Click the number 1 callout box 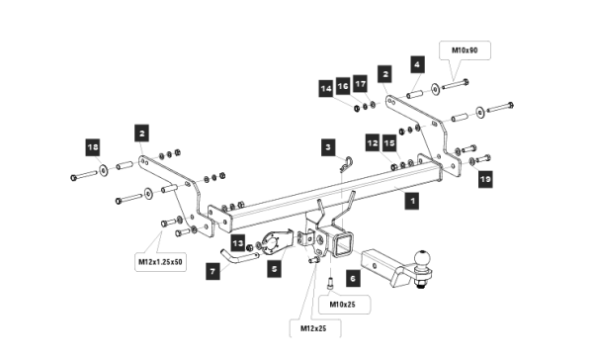tap(412, 201)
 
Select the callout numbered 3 tap(328, 147)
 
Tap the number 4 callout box tap(417, 64)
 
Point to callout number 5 tap(274, 269)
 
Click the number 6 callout tap(353, 279)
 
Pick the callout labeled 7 tap(212, 271)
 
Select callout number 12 tap(373, 142)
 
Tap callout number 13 tap(238, 242)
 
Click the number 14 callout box tap(326, 89)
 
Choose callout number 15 tap(389, 142)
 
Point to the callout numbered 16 tap(343, 86)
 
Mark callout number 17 tap(361, 84)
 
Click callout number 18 tap(93, 147)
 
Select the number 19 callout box tap(485, 179)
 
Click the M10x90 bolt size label tap(465, 50)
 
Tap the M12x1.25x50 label tap(160, 261)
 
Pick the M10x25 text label tap(343, 305)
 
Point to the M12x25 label tap(313, 328)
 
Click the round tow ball tap(422, 258)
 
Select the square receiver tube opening tap(345, 243)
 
